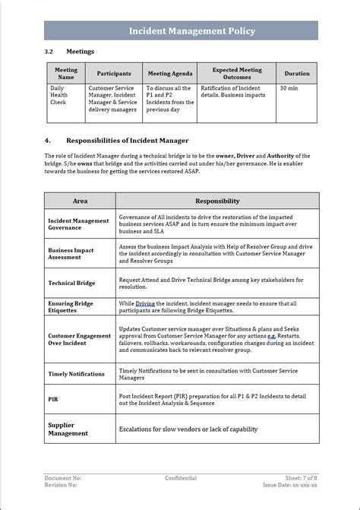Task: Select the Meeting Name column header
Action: pyautogui.click(x=66, y=73)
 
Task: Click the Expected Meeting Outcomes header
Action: pyautogui.click(x=236, y=73)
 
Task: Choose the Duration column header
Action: pyautogui.click(x=296, y=74)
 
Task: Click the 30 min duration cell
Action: pyautogui.click(x=289, y=88)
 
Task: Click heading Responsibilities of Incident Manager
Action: pyautogui.click(x=127, y=141)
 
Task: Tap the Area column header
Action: pyautogui.click(x=80, y=201)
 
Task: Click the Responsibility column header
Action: pyautogui.click(x=217, y=201)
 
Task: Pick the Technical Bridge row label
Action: pyautogui.click(x=71, y=283)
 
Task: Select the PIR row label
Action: pyautogui.click(x=53, y=398)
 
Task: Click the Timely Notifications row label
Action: pyautogui.click(x=76, y=374)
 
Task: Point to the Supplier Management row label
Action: pyautogui.click(x=68, y=429)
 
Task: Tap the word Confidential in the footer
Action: pyautogui.click(x=181, y=478)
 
